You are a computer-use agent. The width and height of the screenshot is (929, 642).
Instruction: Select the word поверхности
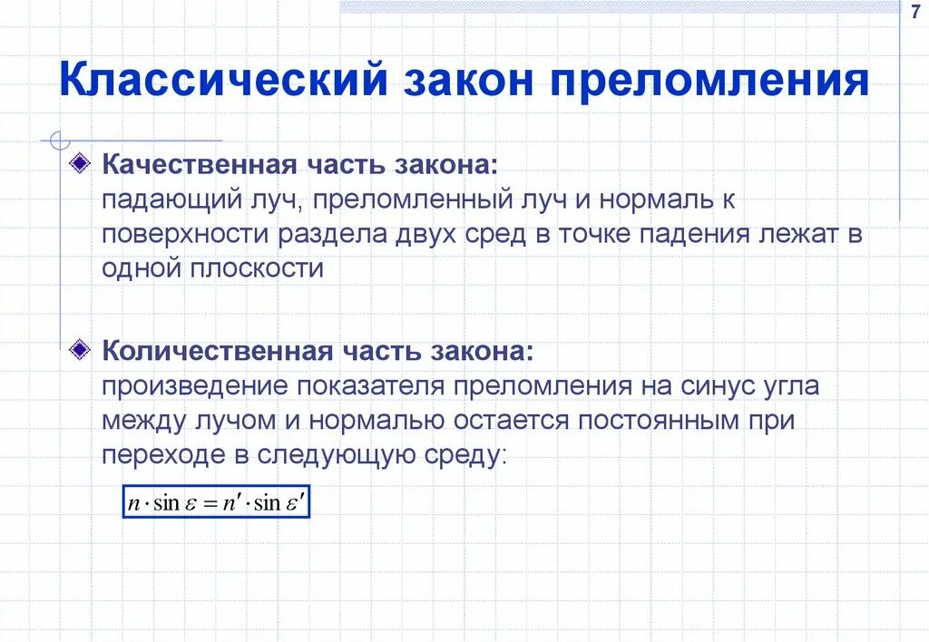[185, 234]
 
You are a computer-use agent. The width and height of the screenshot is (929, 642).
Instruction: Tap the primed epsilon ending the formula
[296, 503]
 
